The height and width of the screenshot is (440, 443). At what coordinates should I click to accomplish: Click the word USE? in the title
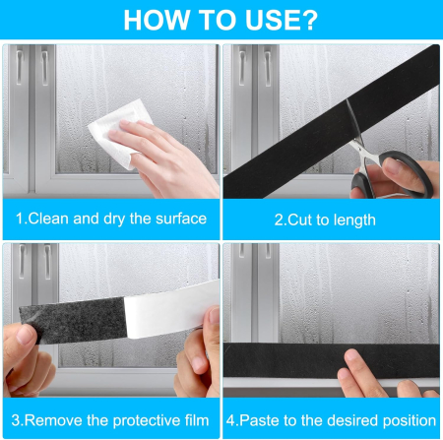coord(282,21)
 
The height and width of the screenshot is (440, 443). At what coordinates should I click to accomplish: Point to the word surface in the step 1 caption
coord(181,219)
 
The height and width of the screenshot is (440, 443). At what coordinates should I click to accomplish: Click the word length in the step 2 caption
coord(354,220)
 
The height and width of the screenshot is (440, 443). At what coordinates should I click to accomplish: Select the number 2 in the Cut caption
coord(279,220)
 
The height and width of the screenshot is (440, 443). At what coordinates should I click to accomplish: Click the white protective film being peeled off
coord(170,310)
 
